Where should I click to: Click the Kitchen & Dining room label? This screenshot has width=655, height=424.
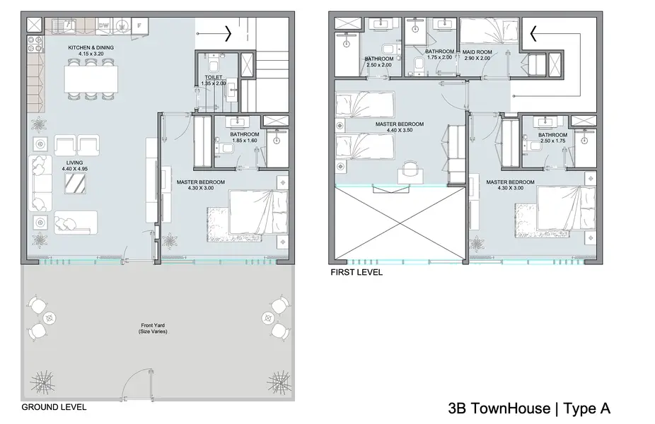pyautogui.click(x=91, y=47)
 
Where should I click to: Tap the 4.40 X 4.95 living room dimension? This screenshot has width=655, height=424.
pyautogui.click(x=75, y=169)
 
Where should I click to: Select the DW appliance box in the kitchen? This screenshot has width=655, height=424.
pyautogui.click(x=103, y=25)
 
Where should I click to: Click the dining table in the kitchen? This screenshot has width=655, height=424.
pyautogui.click(x=91, y=79)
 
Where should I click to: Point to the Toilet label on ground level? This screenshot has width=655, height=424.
pyautogui.click(x=214, y=78)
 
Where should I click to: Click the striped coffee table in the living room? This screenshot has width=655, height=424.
pyautogui.click(x=75, y=184)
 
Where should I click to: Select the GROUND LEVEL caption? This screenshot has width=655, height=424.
pyautogui.click(x=54, y=407)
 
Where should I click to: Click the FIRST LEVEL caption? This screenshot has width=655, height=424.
pyautogui.click(x=357, y=273)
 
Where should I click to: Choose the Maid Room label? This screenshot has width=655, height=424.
pyautogui.click(x=477, y=52)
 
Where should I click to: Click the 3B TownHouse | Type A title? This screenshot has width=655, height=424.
pyautogui.click(x=529, y=408)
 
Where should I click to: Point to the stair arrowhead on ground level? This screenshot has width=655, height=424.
pyautogui.click(x=228, y=33)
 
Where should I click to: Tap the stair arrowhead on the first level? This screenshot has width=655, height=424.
pyautogui.click(x=533, y=34)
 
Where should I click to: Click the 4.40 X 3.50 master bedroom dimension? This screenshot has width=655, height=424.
pyautogui.click(x=400, y=130)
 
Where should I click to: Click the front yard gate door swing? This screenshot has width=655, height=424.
pyautogui.click(x=138, y=383)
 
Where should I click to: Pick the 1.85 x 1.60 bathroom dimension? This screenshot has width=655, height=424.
pyautogui.click(x=244, y=141)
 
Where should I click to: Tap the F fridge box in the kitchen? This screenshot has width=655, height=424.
pyautogui.click(x=139, y=25)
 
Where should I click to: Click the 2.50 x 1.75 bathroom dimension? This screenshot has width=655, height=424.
pyautogui.click(x=552, y=141)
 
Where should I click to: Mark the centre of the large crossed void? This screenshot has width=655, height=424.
pyautogui.click(x=400, y=224)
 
